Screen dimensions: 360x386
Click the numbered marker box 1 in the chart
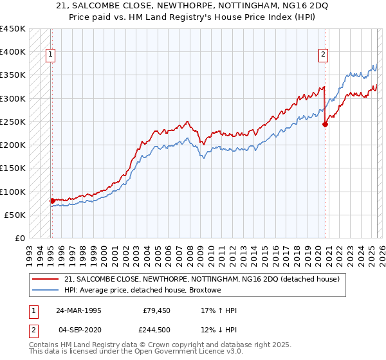(x=51, y=55)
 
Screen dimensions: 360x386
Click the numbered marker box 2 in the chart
(x=323, y=55)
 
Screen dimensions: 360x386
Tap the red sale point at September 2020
(x=325, y=125)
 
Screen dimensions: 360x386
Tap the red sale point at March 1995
(x=52, y=201)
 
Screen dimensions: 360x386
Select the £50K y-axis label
(x=15, y=215)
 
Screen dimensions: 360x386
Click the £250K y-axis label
(x=12, y=122)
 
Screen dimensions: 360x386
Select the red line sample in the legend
(x=45, y=278)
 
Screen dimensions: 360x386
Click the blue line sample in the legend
(x=45, y=290)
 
